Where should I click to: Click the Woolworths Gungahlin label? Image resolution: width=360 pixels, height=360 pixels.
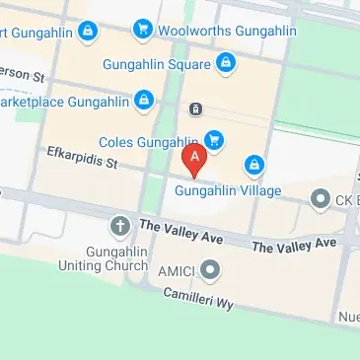click(x=227, y=31)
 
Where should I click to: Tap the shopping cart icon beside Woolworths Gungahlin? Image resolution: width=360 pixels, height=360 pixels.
click(x=144, y=30)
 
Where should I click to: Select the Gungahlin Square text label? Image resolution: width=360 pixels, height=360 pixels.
click(x=157, y=65)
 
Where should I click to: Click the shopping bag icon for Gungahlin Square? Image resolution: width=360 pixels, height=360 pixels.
click(x=226, y=64)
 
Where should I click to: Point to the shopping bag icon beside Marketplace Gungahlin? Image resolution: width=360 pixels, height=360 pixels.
click(x=145, y=100)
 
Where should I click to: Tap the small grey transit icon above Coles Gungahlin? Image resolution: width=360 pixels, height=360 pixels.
click(x=195, y=108)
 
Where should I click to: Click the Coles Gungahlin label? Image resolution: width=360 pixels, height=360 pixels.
click(x=149, y=141)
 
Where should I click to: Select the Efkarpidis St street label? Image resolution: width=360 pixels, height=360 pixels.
click(x=83, y=156)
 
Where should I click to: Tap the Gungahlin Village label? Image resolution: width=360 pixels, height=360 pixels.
click(x=228, y=190)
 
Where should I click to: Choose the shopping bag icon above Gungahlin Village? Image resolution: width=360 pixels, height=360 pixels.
click(x=255, y=163)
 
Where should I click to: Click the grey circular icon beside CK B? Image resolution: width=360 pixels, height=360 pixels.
click(x=320, y=199)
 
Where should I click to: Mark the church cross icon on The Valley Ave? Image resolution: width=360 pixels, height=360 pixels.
click(x=120, y=227)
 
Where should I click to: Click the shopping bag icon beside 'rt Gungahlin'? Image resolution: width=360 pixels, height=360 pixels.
click(x=87, y=31)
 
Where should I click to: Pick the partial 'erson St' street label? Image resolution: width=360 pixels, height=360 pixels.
click(x=24, y=74)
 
